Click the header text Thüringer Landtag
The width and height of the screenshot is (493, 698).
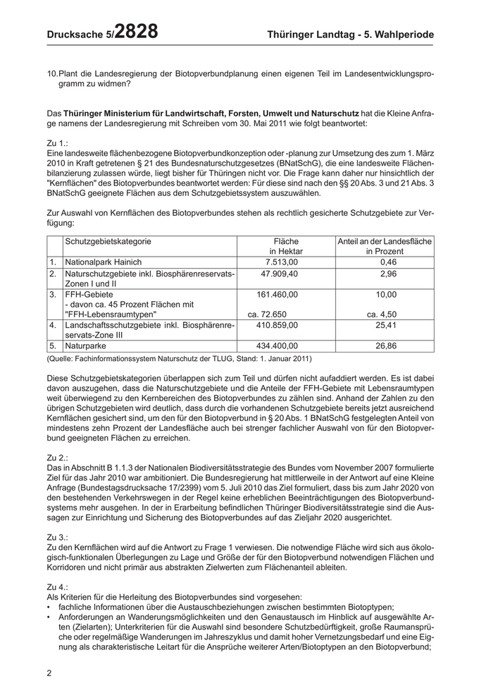pyautogui.click(x=312, y=34)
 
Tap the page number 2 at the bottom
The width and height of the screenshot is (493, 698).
pyautogui.click(x=49, y=673)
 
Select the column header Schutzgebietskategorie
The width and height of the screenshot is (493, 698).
pyautogui.click(x=108, y=242)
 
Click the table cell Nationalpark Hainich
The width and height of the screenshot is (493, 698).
pyautogui.click(x=103, y=262)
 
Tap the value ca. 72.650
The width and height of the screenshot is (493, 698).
pyautogui.click(x=266, y=314)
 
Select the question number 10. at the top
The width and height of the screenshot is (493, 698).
pyautogui.click(x=52, y=73)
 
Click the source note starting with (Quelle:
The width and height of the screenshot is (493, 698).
pyautogui.click(x=179, y=359)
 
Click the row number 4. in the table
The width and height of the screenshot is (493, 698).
pyautogui.click(x=53, y=326)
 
